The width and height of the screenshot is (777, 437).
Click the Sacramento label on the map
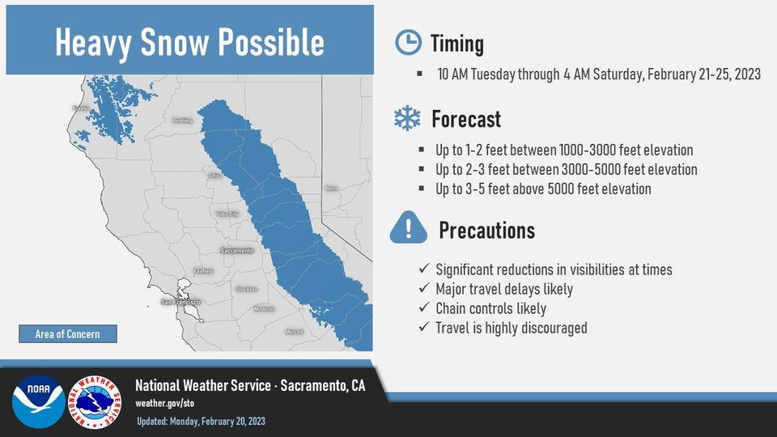tap(237, 251)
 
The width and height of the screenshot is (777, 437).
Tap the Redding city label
tap(183, 121)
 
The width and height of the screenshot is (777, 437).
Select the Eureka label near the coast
tap(80, 108)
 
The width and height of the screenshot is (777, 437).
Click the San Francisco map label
tap(181, 302)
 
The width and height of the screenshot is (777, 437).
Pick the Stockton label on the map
tap(247, 289)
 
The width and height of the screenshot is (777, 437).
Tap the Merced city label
tap(294, 332)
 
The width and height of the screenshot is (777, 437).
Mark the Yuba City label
tap(227, 214)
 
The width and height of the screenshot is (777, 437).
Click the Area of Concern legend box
tap(67, 333)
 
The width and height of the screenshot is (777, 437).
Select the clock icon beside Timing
tap(407, 43)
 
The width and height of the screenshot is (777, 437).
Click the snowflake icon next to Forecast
tap(406, 119)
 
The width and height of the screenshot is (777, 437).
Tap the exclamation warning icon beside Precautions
tap(408, 228)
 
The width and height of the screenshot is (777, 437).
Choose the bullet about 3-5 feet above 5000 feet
tap(542, 189)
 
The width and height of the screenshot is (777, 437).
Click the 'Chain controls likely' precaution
tap(490, 308)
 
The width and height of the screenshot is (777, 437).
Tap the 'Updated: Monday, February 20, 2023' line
tap(200, 421)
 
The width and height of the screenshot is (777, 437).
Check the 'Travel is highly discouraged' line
tap(511, 328)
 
